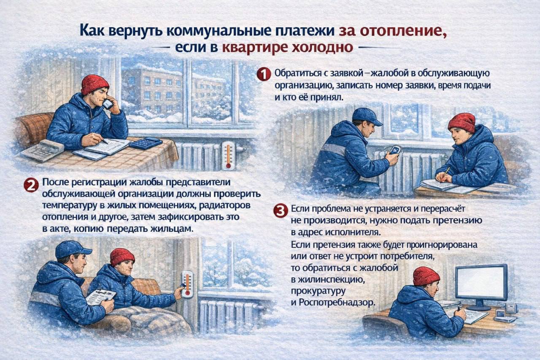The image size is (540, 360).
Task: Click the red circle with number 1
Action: [x=263, y=75]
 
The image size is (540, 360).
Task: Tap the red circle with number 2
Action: [x=31, y=185]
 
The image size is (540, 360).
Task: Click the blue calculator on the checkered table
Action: [x=145, y=143]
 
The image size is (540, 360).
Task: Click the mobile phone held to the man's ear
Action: [x=108, y=104]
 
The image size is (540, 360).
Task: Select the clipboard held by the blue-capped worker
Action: [x=100, y=296]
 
